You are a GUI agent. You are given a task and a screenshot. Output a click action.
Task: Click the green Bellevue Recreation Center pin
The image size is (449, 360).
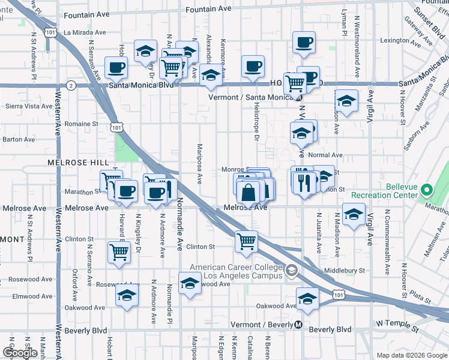pos(427,191)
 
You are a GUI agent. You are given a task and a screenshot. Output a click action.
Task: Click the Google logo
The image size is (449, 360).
pos(20,353)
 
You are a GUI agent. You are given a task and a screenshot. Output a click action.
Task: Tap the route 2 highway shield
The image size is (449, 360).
pos(71,86)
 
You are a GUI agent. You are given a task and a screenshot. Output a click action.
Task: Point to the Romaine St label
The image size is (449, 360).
pos(82,124)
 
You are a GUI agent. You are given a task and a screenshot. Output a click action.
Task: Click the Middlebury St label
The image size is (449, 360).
pos(344,271)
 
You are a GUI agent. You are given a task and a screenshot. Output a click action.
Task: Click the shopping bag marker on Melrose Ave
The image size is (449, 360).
pos(248,193)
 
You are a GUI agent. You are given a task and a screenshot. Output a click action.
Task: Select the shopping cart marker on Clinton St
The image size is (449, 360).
pos(247,241)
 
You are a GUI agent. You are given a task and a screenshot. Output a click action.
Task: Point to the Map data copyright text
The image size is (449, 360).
pos(412,355)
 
